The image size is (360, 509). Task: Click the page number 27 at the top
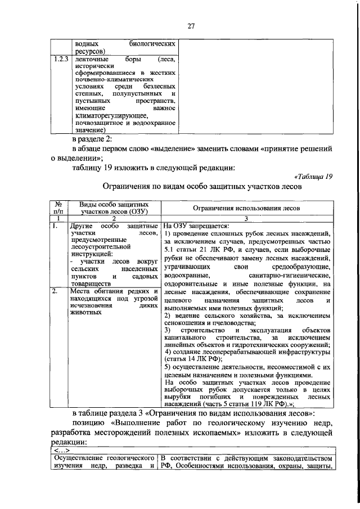pos(191,25)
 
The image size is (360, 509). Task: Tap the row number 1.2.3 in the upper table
pos(60,59)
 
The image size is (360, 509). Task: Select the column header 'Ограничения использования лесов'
pos(245,208)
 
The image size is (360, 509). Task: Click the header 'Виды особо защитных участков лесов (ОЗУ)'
pos(114,208)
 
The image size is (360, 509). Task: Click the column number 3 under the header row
pos(245,219)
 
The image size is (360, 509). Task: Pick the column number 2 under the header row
pos(114,219)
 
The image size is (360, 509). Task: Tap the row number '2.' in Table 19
pos(55,291)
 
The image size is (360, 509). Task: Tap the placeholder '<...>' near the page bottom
pos(60,452)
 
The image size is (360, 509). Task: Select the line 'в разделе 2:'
pos(93,138)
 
